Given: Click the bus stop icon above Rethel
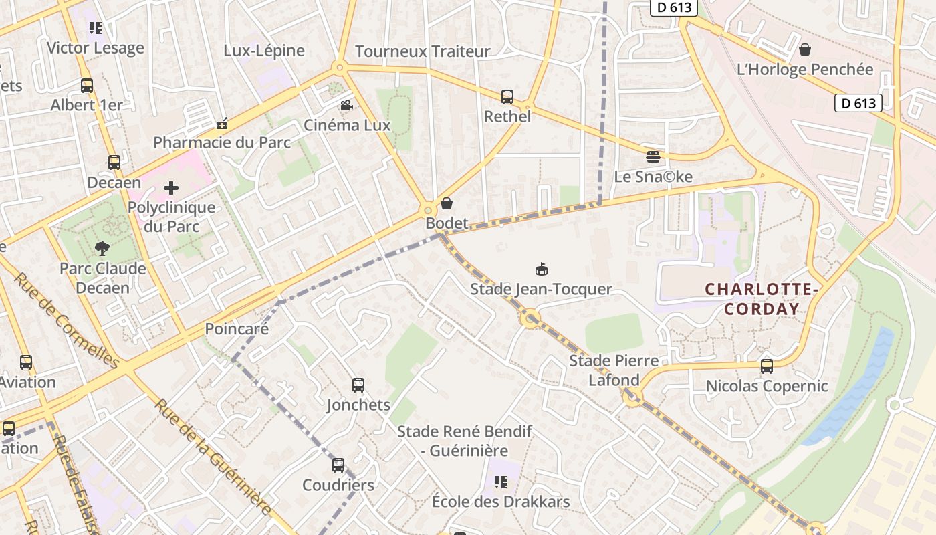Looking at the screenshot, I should pos(507,97).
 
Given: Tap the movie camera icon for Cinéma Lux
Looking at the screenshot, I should pos(346,106).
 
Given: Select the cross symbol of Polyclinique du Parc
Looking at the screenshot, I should pos(171,188).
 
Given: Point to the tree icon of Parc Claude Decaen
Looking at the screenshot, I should pos(102,249).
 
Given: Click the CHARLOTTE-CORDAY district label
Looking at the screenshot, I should pos(762,299).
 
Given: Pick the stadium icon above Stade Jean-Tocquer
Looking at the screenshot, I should pos(542,270).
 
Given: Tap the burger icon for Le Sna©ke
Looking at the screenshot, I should pos(653,157).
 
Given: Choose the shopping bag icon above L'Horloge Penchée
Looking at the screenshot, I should pos(805,49).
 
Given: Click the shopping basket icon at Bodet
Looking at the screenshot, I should pos(447,203).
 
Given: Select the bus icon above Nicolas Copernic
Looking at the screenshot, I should pos(767,366).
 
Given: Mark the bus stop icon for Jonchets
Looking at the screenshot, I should pos(358,385).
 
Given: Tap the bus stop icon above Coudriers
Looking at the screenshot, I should pos(338,465).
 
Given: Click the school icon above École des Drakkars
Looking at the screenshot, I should pos(501,482).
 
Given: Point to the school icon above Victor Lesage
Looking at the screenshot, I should pos(96,28).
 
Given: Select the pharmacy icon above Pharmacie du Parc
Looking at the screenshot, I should pos(222,124).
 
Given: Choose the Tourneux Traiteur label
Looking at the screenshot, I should pos(423,51).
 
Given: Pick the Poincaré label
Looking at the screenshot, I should pos(237,329).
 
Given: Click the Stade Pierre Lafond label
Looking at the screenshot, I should pos(613,370).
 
